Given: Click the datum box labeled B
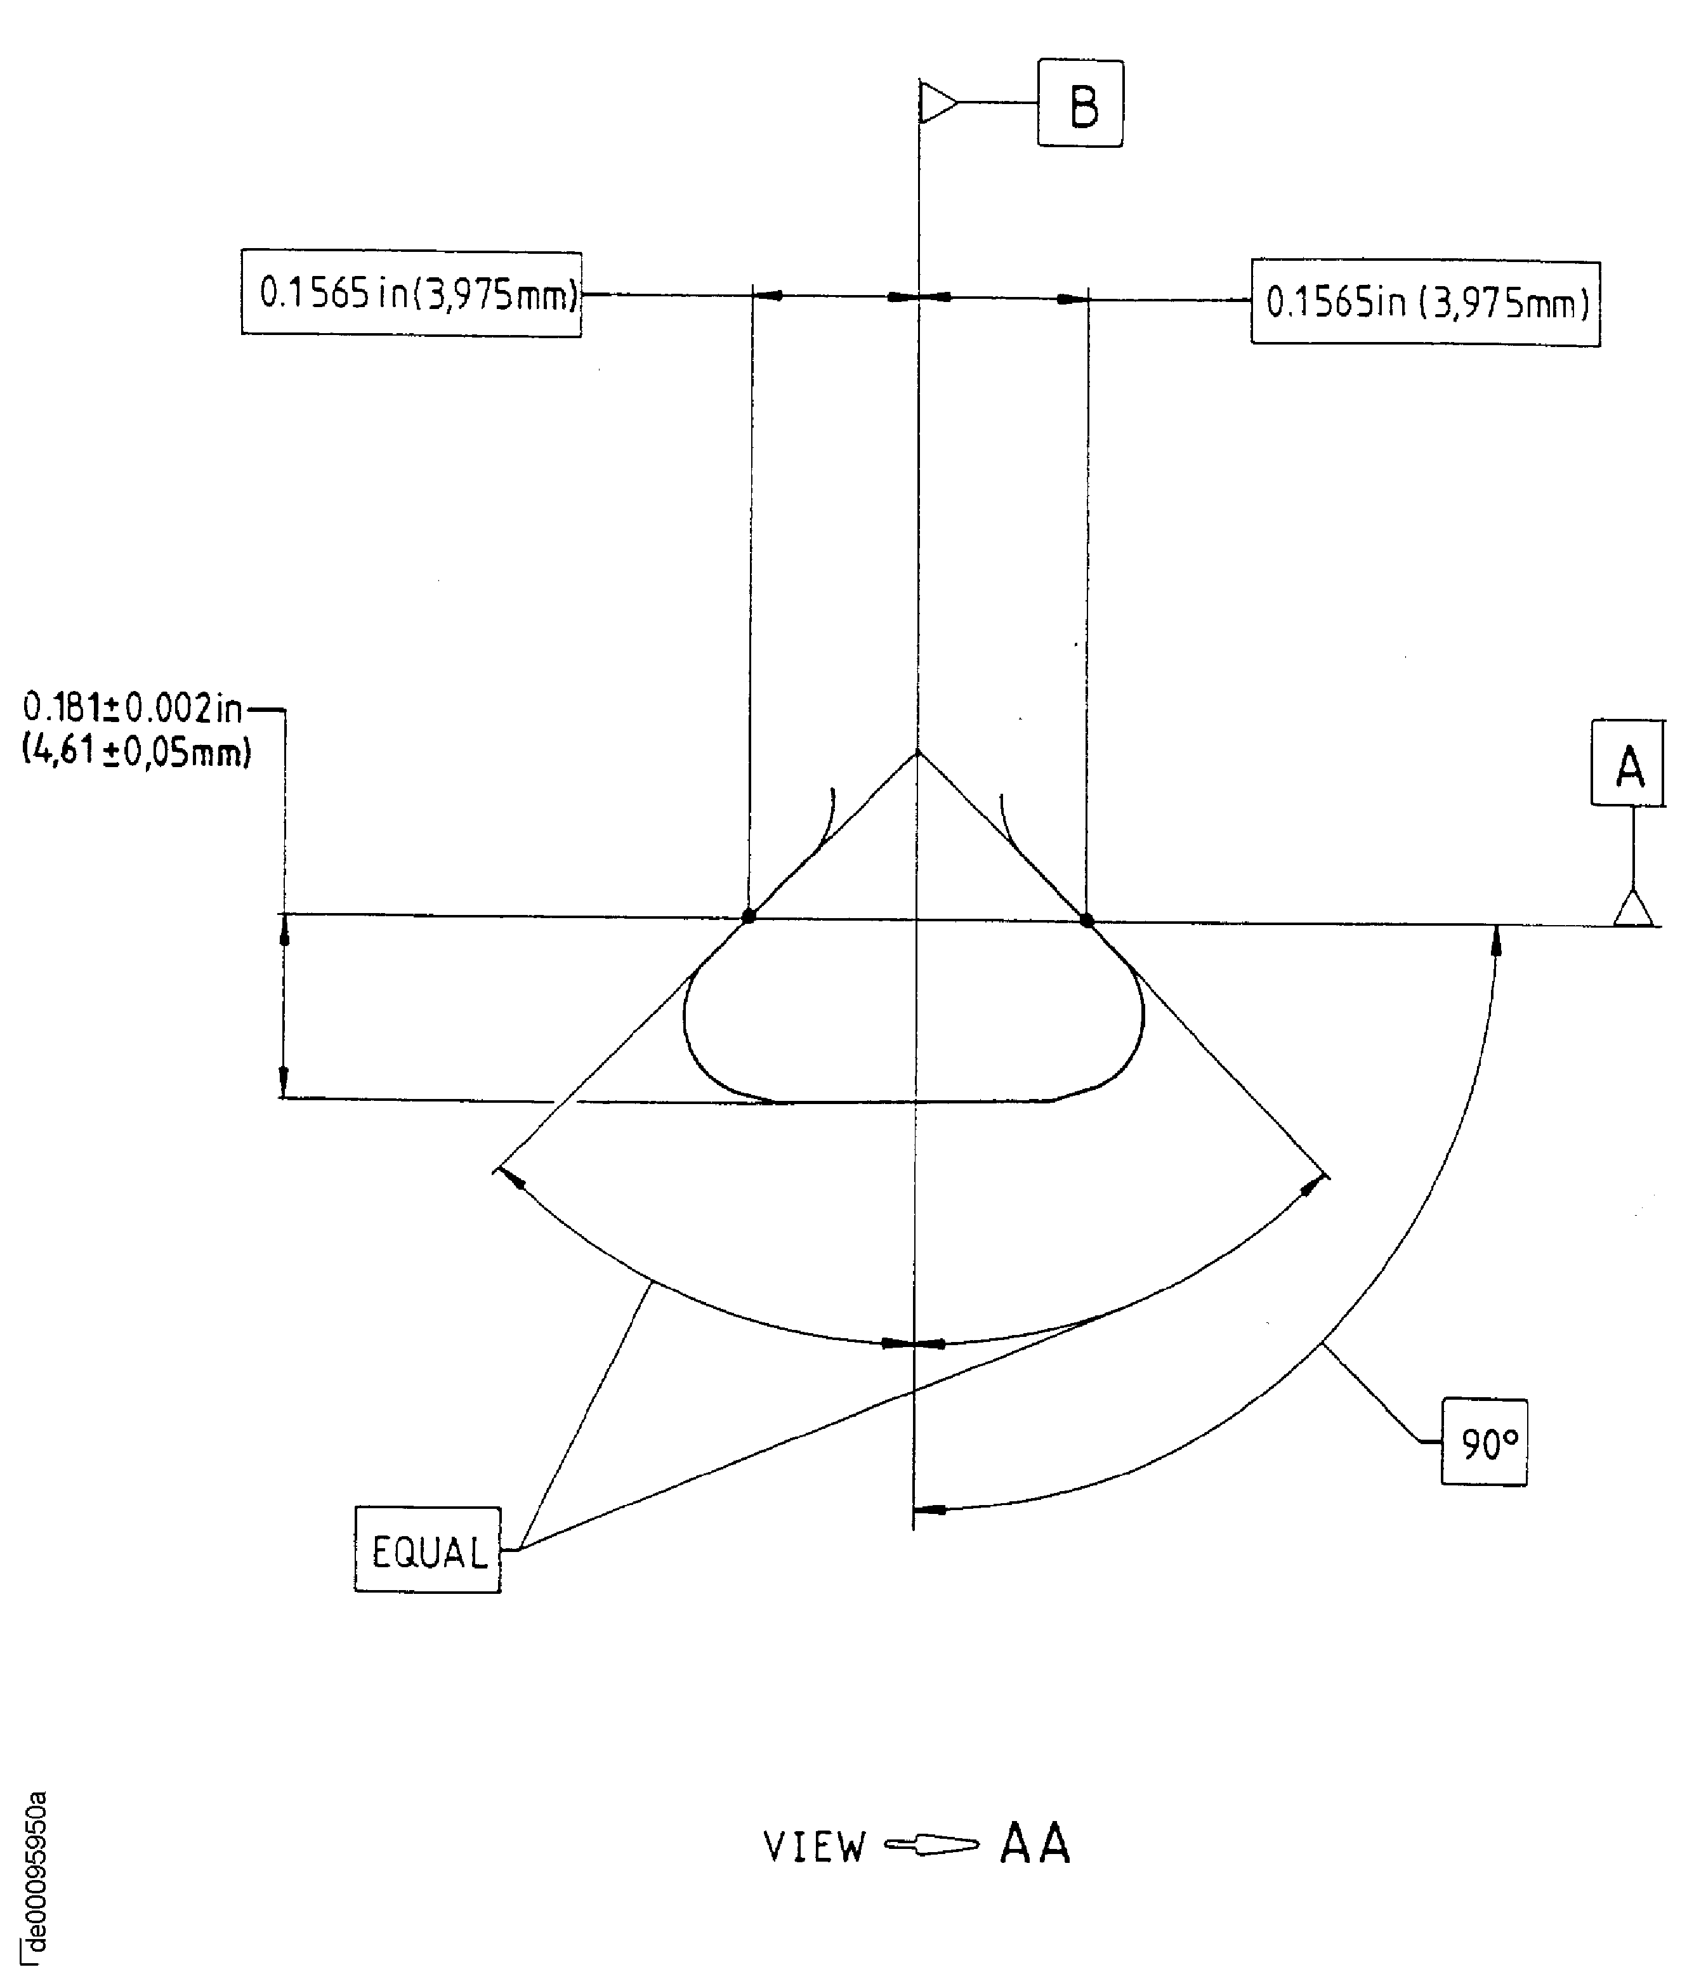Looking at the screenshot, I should coord(1080,104).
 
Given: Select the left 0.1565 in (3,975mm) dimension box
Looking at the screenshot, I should coord(411,294).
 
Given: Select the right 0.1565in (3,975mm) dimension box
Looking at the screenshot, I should coord(1425,303).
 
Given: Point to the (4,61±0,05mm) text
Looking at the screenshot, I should coord(136,754).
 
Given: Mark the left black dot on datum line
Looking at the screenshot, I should coord(749,916).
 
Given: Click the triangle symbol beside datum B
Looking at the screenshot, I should coord(937,102).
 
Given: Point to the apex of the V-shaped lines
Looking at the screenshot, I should coord(918,754).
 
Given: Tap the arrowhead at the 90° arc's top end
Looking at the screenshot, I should coord(1497,941).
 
